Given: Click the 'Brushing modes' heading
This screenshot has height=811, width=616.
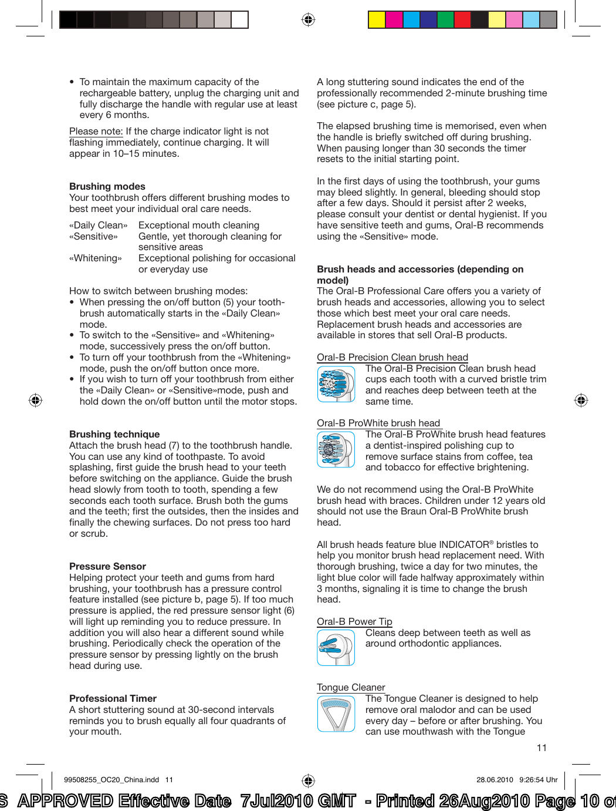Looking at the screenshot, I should point(107,186).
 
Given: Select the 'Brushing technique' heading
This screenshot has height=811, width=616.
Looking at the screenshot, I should point(114,434).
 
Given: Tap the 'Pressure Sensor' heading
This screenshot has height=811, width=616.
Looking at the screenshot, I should point(107,566).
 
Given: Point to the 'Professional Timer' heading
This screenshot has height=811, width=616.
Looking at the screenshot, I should point(113,698).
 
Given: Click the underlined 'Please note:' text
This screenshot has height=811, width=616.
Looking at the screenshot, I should point(96,132).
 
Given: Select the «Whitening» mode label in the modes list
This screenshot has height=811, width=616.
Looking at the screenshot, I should point(96,258).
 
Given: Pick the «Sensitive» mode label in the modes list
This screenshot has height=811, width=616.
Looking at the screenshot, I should point(93,236).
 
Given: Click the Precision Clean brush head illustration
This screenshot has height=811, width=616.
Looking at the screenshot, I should point(336,384).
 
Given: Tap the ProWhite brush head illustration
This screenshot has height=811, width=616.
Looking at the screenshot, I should point(336,450).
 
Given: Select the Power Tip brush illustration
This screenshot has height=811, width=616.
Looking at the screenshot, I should point(336,647).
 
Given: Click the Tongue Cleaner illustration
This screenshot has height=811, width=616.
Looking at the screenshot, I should point(336,714).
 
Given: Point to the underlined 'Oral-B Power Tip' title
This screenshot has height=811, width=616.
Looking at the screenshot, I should point(354,621).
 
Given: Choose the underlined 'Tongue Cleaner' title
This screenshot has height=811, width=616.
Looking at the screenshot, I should point(351,687).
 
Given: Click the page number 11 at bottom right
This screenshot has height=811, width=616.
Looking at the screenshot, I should point(541,748).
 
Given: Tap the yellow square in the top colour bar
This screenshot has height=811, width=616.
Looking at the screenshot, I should point(377,20).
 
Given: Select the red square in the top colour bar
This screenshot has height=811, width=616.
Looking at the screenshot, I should point(463,20).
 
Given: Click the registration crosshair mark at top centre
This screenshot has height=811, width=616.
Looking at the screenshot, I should point(308,20).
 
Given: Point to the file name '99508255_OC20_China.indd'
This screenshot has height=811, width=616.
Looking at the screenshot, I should point(111,780).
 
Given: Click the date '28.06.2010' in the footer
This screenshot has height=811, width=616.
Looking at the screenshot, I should point(495,780).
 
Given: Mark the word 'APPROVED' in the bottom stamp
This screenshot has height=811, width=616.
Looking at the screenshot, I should point(65,801).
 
